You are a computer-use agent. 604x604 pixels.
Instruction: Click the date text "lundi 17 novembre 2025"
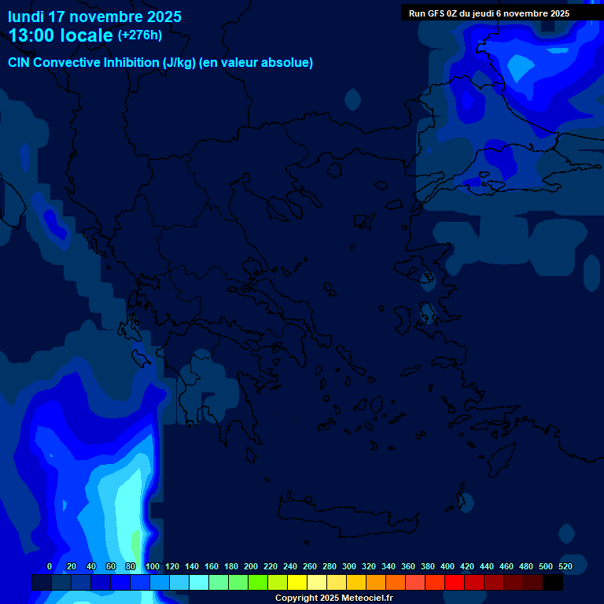[94, 17]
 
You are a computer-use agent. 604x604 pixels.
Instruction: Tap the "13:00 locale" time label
[61, 35]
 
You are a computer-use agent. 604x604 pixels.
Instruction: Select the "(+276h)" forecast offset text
[140, 35]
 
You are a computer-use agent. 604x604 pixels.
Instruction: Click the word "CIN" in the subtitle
[20, 63]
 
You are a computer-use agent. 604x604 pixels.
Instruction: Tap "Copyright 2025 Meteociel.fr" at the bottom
[333, 598]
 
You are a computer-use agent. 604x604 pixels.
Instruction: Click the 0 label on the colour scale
[50, 566]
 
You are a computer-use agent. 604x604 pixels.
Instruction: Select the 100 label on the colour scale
[153, 566]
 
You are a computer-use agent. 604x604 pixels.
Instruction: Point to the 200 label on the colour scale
[251, 566]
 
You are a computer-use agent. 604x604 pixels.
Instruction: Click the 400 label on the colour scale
[447, 566]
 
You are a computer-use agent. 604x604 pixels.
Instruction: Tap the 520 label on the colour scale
[565, 566]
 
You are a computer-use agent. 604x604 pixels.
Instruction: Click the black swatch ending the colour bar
[553, 583]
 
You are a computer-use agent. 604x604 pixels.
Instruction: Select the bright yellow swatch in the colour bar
[297, 583]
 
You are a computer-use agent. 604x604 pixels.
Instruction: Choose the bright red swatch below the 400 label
[455, 583]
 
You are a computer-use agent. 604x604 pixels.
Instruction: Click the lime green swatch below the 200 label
[258, 583]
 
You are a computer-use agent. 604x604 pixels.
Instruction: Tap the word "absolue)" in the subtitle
[288, 63]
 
